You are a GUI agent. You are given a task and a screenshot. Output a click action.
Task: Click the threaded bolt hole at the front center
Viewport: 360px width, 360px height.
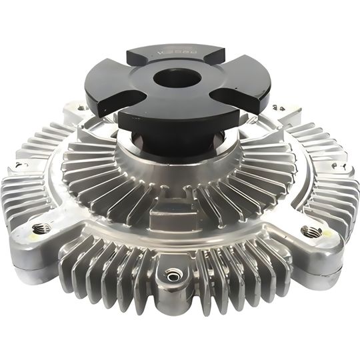click(x=174, y=273)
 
